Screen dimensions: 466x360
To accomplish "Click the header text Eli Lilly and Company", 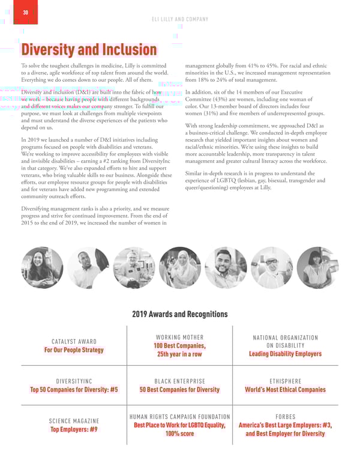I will coord(179,19).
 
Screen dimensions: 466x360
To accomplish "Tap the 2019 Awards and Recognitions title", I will coord(179,314).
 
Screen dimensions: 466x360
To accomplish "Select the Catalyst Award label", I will coord(75,341).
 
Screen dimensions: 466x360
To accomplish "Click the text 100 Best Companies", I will coord(180,346).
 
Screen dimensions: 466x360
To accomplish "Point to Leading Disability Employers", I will coord(285,354).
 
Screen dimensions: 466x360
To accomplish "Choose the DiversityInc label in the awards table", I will coord(74,381).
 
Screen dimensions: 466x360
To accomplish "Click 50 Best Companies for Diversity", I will coord(179,390).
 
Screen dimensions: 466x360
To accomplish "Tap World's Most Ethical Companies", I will coord(285,390).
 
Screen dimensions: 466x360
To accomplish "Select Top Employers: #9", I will coord(75,429).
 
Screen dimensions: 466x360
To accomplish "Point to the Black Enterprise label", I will coord(179,381).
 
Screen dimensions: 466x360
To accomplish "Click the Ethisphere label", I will coord(285,381).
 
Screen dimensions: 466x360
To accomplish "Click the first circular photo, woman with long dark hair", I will coord(41,267).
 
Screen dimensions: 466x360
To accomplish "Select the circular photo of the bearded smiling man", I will coord(226,267).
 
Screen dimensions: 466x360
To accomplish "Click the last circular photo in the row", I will coord(317,267).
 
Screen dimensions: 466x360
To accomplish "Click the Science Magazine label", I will coord(75,421).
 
